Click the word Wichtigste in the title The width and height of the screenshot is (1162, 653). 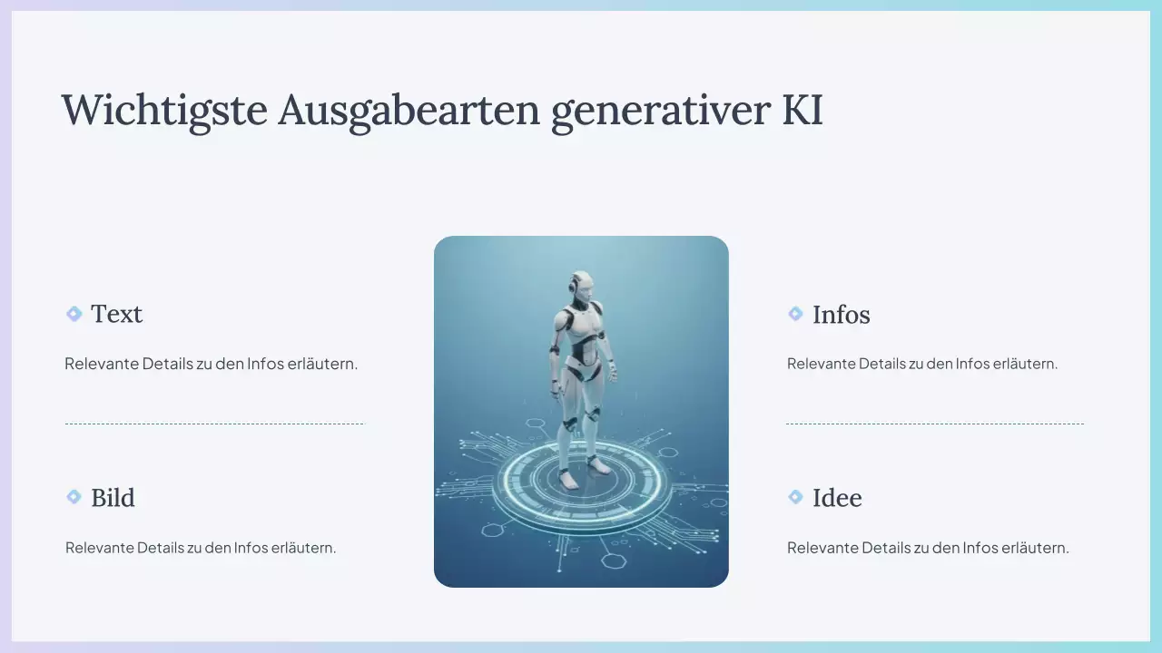coord(164,111)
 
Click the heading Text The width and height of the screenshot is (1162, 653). coord(116,314)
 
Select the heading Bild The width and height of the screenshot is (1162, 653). coord(113,498)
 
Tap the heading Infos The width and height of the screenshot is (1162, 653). coord(841,315)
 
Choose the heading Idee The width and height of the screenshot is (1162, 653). coord(837,498)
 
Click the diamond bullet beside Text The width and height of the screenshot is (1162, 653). coord(74,314)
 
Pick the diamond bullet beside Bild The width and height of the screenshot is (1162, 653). coord(74,497)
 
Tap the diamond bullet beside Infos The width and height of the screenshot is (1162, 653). coord(795,314)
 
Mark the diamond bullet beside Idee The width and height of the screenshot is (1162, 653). coord(795,497)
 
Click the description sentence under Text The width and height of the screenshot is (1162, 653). coord(212,364)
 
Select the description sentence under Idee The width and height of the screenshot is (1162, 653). coord(928,548)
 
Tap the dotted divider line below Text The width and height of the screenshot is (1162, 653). coord(214,424)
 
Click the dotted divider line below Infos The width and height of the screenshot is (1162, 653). coord(935,424)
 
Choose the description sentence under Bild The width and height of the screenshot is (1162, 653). coord(201,548)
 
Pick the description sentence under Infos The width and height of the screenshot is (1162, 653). coord(922,364)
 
